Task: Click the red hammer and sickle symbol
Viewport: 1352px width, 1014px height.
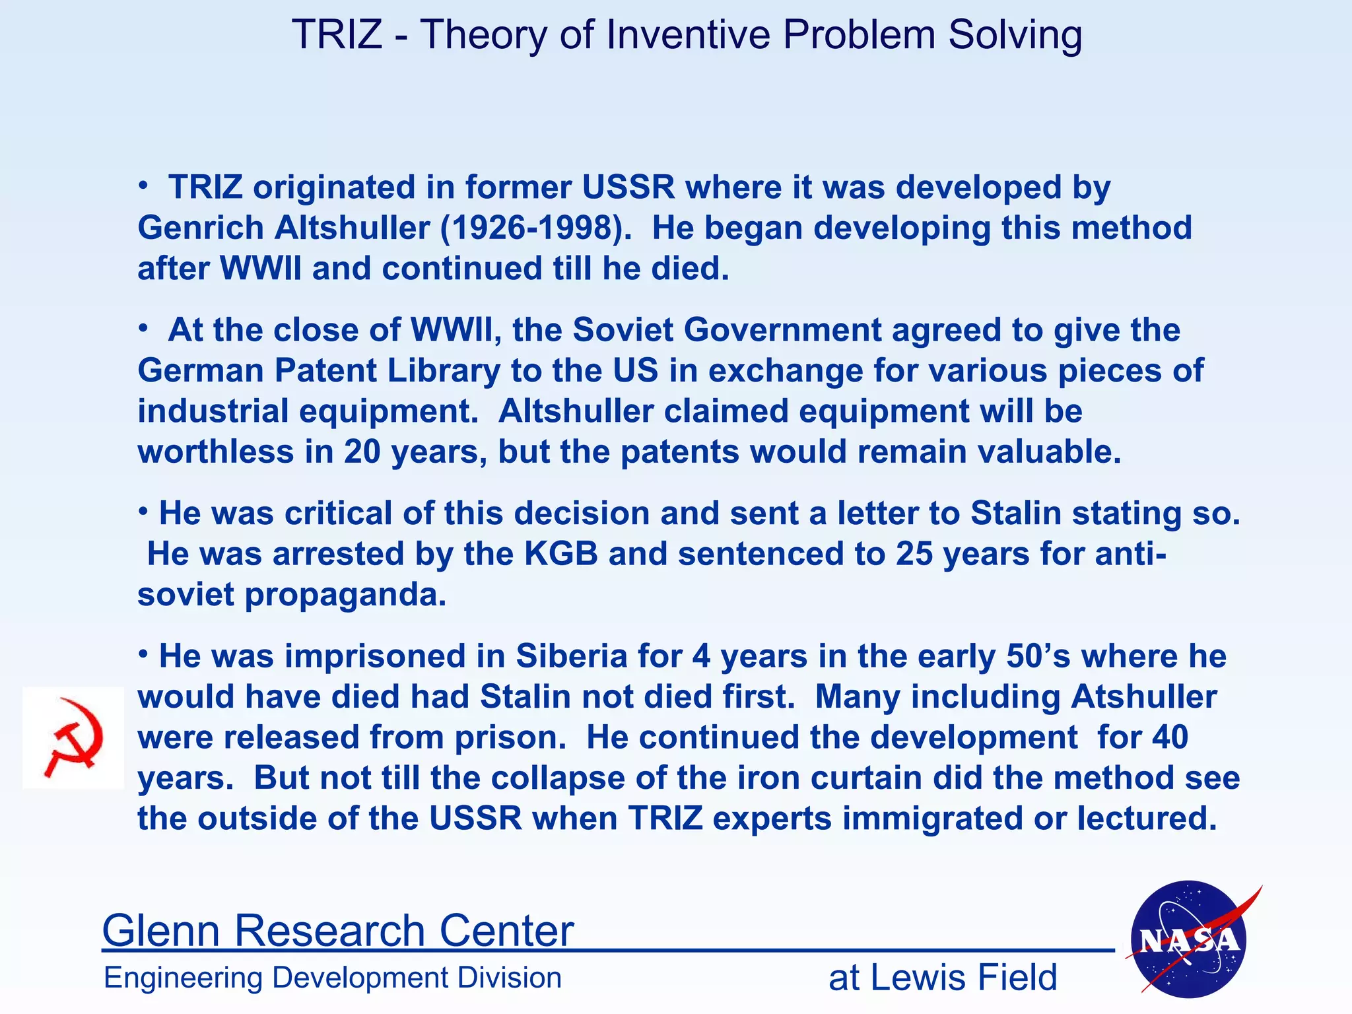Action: tap(73, 737)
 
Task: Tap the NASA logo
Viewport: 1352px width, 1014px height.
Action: tap(1189, 939)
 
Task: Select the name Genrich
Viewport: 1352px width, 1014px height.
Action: tap(201, 228)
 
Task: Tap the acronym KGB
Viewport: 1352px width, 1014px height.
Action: tap(560, 553)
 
